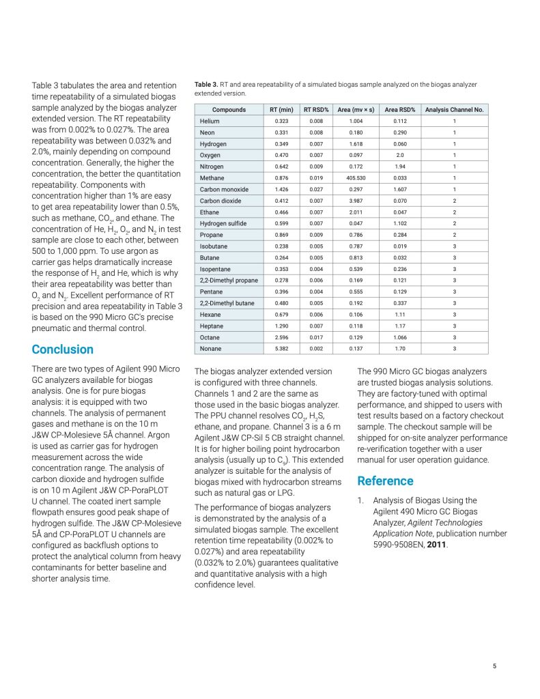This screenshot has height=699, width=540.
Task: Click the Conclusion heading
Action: tap(63, 349)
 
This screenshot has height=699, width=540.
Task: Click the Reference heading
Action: tap(386, 481)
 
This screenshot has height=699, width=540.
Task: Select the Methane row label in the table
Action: tap(212, 178)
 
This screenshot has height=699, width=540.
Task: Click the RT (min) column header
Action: tap(281, 110)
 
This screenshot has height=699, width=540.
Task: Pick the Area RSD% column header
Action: tap(400, 110)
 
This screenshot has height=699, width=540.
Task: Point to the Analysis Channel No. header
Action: tap(454, 110)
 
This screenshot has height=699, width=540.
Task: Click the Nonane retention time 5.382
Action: tap(281, 349)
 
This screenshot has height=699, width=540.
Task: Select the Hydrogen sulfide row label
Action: tap(223, 223)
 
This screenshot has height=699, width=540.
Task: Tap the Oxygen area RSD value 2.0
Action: tap(400, 156)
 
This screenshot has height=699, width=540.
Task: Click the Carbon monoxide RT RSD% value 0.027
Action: tap(316, 190)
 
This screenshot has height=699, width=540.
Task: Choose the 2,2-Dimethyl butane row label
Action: tap(227, 303)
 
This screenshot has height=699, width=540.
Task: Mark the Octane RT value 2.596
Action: tap(281, 337)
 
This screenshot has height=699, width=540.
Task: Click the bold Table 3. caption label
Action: tap(207, 85)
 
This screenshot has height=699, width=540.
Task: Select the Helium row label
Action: tap(210, 122)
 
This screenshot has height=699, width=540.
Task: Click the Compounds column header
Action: tap(229, 110)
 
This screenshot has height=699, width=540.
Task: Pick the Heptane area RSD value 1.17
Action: tap(400, 326)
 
